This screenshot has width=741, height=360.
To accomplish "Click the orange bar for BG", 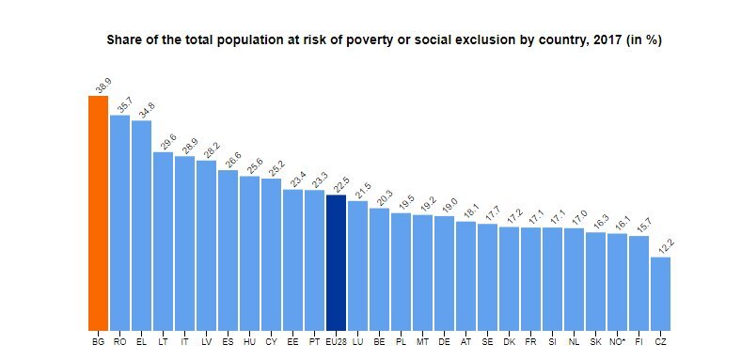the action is tap(99, 213).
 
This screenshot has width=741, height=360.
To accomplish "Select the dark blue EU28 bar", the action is tap(336, 262).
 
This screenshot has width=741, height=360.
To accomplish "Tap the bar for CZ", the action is tap(660, 294).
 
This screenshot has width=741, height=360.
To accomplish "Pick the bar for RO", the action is tap(120, 223).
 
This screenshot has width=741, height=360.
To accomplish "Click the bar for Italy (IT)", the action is tap(184, 243).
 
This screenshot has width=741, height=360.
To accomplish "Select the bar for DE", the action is tap(444, 274).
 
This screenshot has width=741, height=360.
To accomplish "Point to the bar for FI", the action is tap(639, 284).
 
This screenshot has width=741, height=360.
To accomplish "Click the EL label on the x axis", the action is tap(141, 341).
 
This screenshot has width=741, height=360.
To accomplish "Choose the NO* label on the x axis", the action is tap(617, 341).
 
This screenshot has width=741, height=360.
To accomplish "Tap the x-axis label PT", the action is tap(314, 341).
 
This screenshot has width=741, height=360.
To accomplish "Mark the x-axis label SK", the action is tap(595, 341).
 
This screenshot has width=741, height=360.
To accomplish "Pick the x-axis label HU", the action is tap(249, 341).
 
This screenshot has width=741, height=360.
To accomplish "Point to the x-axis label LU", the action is tap(357, 341).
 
